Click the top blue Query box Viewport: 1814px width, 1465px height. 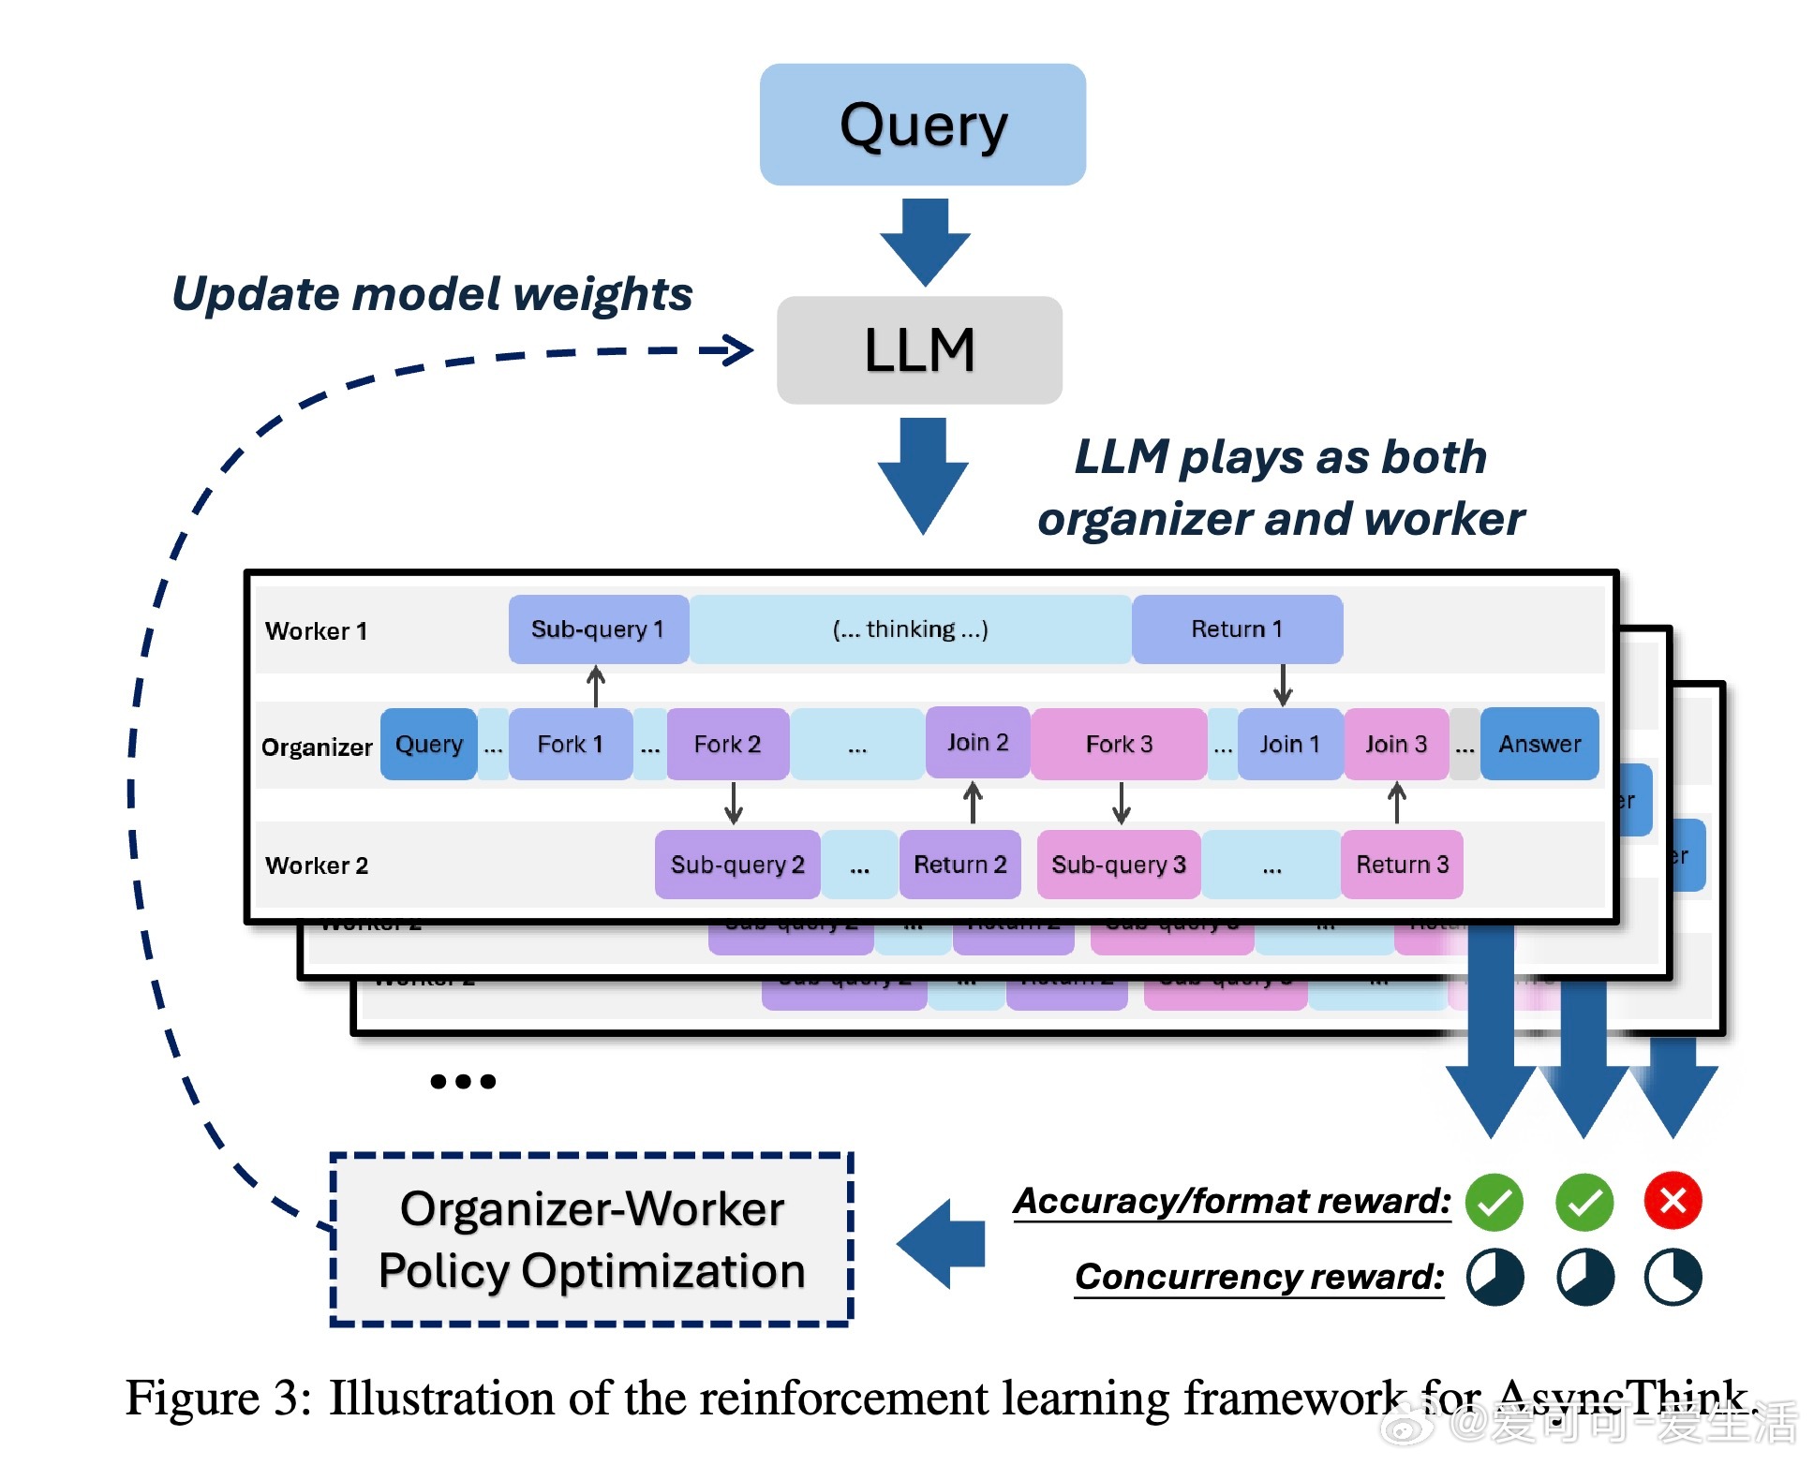(922, 125)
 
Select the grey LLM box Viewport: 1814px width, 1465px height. (919, 350)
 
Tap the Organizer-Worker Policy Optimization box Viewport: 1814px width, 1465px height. (591, 1239)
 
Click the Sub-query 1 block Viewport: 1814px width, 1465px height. (598, 629)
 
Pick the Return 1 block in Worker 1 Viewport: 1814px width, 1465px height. (1236, 629)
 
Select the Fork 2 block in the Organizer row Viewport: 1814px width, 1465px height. (727, 745)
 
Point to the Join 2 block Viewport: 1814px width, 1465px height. (977, 743)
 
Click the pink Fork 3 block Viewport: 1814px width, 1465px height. (1119, 745)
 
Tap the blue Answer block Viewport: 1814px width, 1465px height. (1539, 745)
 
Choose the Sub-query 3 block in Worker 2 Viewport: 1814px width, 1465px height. (1118, 865)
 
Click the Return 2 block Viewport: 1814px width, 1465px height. (959, 865)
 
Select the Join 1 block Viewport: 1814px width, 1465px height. (1289, 745)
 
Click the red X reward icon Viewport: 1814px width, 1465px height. (1673, 1201)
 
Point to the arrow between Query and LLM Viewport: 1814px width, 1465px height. (925, 241)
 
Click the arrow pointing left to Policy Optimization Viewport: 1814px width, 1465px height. (941, 1243)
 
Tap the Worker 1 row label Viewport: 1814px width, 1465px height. (317, 631)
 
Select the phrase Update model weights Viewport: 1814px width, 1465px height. (432, 294)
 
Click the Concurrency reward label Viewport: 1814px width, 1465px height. (1258, 1277)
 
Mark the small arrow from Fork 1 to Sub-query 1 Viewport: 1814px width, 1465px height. (595, 686)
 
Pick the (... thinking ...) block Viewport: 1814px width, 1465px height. (910, 629)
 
